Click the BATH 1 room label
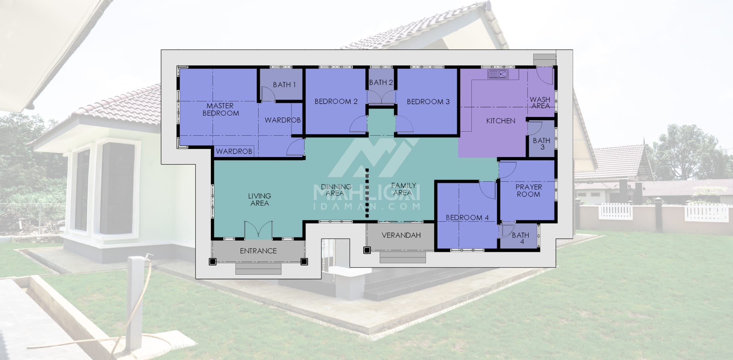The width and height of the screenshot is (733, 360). (284, 85)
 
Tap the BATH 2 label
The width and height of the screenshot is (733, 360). (381, 82)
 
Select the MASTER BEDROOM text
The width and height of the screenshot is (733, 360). (221, 109)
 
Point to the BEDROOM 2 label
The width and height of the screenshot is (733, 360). (336, 101)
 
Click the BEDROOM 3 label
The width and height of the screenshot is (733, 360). (428, 102)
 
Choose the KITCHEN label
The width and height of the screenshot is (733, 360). (500, 121)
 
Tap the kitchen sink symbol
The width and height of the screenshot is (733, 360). (498, 74)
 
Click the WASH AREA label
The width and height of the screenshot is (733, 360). (540, 103)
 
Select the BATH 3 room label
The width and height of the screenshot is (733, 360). (541, 144)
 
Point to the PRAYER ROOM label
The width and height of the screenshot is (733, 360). (528, 191)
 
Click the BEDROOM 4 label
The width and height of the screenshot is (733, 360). (467, 218)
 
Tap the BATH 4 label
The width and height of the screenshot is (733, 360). (521, 238)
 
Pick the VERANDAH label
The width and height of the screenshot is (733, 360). (401, 235)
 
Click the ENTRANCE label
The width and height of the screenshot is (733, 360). (258, 251)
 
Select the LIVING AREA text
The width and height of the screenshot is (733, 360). (260, 199)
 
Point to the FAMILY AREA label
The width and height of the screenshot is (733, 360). (403, 189)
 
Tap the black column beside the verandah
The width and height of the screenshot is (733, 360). (367, 250)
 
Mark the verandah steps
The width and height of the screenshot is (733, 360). (403, 257)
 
